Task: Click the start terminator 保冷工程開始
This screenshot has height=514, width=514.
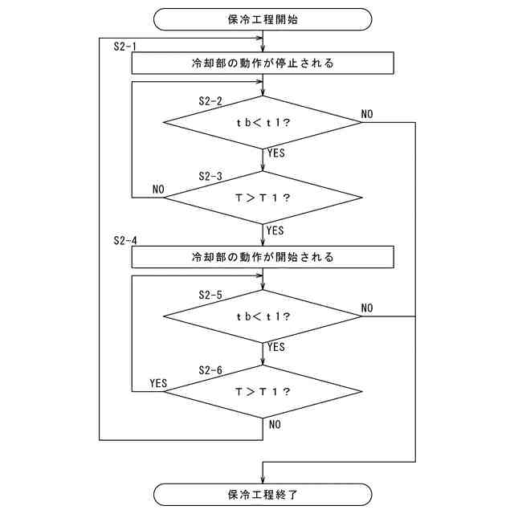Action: click(263, 19)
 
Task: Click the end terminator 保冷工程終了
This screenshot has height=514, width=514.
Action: click(263, 494)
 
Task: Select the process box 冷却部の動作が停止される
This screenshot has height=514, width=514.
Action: click(263, 63)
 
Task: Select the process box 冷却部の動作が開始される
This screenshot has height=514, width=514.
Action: click(263, 258)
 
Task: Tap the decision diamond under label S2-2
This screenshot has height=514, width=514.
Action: click(263, 123)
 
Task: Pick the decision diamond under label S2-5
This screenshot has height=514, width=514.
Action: click(263, 316)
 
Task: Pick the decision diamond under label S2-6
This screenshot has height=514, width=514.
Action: click(263, 391)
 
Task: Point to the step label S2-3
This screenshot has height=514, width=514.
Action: click(210, 176)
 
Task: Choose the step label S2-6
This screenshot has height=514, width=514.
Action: click(210, 369)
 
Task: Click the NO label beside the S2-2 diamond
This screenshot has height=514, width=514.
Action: click(367, 115)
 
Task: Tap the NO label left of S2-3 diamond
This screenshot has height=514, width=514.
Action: click(158, 190)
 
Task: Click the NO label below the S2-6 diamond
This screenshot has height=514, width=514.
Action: click(275, 424)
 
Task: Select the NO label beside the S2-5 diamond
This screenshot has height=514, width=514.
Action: click(367, 308)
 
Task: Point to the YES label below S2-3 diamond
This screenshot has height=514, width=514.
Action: click(275, 230)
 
